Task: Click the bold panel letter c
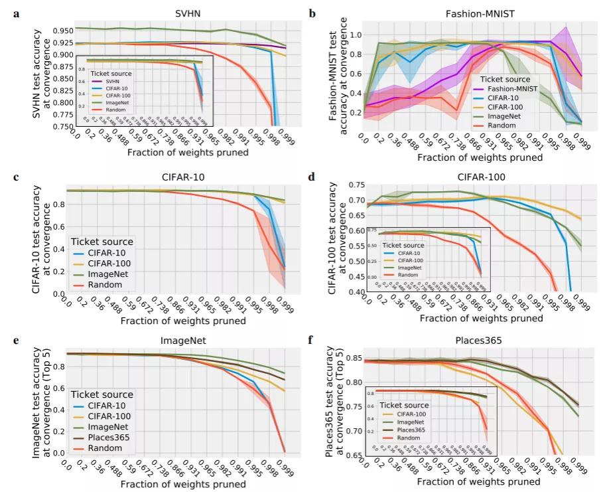tap(15, 177)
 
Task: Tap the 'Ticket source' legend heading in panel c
tap(101, 242)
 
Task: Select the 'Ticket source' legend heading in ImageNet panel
tap(101, 395)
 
